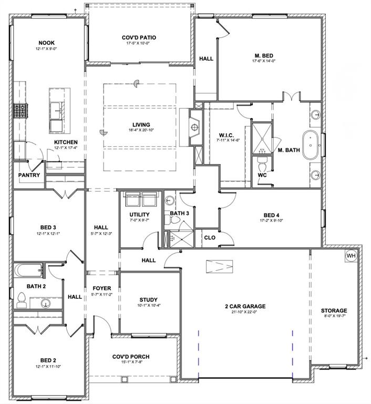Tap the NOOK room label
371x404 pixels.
pos(46,43)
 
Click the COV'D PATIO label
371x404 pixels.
pos(139,38)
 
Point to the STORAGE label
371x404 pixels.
pos(334,311)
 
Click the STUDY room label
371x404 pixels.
pos(149,299)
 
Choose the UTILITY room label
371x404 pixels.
pos(139,215)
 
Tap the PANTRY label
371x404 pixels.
pos(29,175)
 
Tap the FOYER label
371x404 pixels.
pos(102,289)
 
